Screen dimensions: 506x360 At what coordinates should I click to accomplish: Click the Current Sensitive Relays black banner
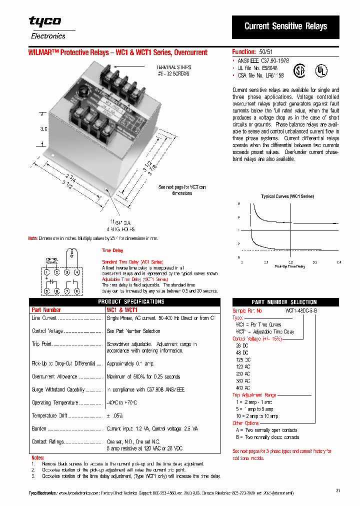[285, 26]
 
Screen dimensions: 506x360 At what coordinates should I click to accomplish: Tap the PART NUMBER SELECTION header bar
[284, 302]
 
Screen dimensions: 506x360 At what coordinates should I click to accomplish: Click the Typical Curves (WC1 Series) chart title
[287, 196]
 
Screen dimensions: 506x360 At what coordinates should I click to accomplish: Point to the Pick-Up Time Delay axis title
[289, 266]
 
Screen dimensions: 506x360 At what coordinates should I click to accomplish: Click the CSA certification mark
[298, 69]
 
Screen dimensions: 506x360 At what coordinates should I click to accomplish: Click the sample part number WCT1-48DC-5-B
[300, 310]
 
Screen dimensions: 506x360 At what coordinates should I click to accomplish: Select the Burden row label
[39, 428]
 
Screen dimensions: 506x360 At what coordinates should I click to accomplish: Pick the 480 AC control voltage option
[243, 388]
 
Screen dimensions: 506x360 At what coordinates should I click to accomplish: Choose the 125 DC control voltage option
[243, 360]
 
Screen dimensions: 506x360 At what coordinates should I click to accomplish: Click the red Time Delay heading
[112, 250]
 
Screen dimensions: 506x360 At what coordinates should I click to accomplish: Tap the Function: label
[244, 52]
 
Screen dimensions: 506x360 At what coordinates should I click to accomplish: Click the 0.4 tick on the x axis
[338, 262]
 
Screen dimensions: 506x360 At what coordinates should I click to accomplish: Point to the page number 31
[338, 490]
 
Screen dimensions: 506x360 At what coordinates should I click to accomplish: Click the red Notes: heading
[37, 457]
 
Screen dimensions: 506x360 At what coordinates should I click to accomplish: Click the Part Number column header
[46, 310]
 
